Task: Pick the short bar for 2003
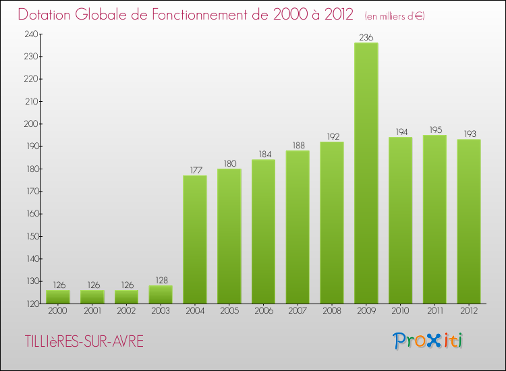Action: click(161, 295)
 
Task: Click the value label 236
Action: click(366, 38)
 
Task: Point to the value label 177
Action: click(195, 170)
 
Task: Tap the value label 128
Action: click(161, 281)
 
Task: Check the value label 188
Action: click(298, 145)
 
